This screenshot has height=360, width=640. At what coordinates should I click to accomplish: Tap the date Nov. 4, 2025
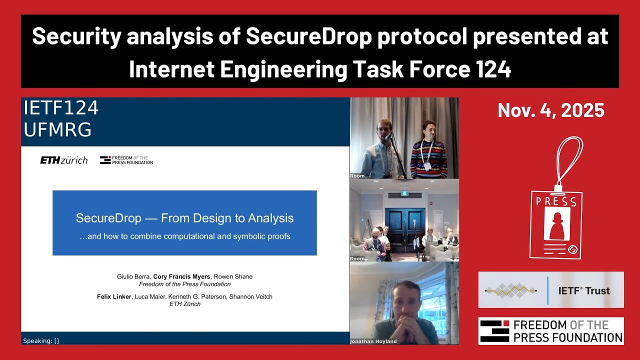pos(551,110)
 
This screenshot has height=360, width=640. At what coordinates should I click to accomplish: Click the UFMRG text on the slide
pos(57,129)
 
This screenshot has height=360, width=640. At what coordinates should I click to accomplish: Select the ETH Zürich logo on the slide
pos(63,160)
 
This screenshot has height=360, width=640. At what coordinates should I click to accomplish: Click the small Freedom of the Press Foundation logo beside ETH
pos(126,160)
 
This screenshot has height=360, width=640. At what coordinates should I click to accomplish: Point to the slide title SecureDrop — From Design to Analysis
pos(184,218)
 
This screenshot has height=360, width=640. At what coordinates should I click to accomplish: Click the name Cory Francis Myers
pos(181,276)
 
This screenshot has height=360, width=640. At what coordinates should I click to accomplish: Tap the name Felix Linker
pos(114,296)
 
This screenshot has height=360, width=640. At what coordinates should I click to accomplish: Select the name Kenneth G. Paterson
pos(196,296)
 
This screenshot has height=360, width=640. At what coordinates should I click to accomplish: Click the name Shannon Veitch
pos(251,296)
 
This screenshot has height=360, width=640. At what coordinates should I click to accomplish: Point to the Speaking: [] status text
pos(41,341)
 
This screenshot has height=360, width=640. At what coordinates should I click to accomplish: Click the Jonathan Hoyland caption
pos(373,341)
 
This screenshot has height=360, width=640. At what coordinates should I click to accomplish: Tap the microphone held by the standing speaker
pos(388,136)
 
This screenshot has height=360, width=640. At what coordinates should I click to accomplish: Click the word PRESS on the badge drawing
pos(556,201)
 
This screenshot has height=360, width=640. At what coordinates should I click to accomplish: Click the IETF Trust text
pos(584,290)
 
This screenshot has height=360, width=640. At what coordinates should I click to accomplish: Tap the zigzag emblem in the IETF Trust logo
pos(511,290)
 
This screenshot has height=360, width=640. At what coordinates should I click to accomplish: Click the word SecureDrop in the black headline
pos(308,36)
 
